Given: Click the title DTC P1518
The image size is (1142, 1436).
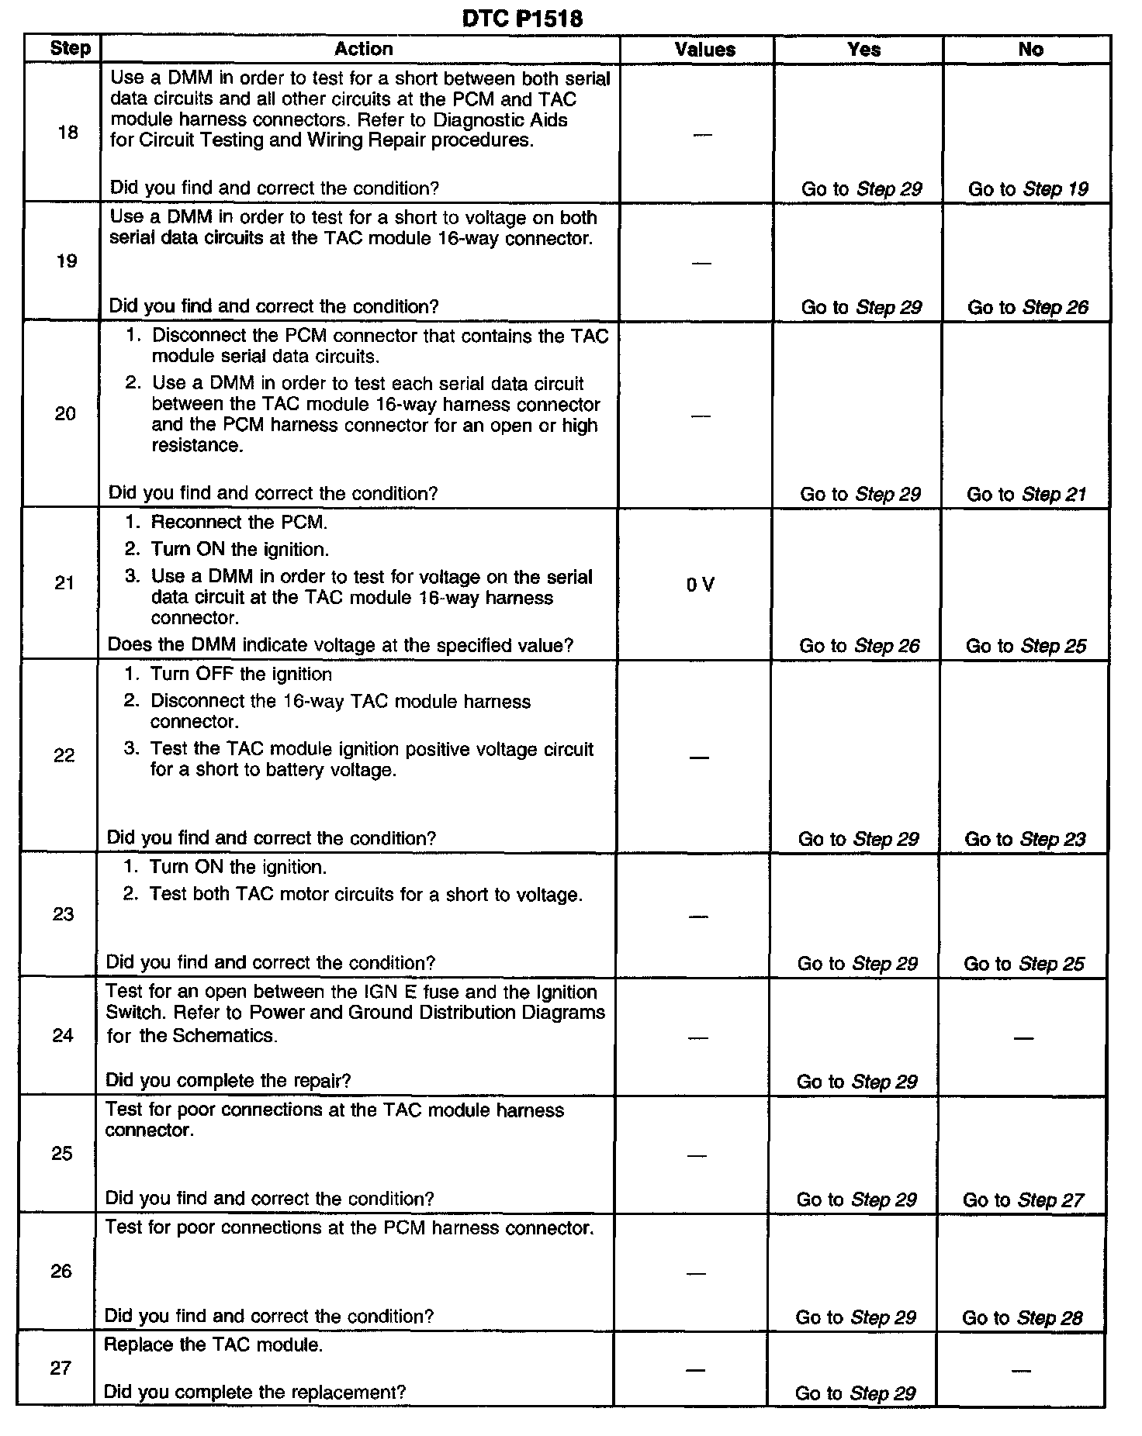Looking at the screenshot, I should pyautogui.click(x=521, y=18).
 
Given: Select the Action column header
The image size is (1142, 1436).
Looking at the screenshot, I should pyautogui.click(x=363, y=49).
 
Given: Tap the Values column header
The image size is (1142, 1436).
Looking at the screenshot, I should pyautogui.click(x=704, y=50).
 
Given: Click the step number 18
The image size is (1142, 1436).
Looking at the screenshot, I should pyautogui.click(x=68, y=133).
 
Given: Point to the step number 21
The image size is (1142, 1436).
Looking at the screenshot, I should pyautogui.click(x=65, y=583).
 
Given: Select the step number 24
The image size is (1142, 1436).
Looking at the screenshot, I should pyautogui.click(x=63, y=1035).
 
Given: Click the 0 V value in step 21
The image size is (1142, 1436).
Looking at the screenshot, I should pyautogui.click(x=700, y=585).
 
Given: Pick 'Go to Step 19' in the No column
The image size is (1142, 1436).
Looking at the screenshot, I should pyautogui.click(x=1028, y=189).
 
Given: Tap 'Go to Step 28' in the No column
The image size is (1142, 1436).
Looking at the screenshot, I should pyautogui.click(x=1022, y=1317).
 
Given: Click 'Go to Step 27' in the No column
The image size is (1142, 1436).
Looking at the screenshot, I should pyautogui.click(x=1023, y=1200).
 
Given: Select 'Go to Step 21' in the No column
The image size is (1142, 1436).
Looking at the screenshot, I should pyautogui.click(x=1026, y=494).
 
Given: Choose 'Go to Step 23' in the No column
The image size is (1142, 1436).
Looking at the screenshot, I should pyautogui.click(x=1024, y=838).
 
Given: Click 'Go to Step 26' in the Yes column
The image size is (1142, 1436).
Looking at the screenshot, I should pyautogui.click(x=859, y=645).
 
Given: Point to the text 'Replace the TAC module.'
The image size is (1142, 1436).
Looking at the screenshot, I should pyautogui.click(x=213, y=1345).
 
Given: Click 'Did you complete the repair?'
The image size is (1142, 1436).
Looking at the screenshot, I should pyautogui.click(x=228, y=1080).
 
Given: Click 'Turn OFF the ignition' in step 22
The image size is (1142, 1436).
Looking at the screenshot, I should pyautogui.click(x=241, y=674).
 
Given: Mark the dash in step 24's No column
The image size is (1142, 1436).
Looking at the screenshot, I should pyautogui.click(x=1023, y=1037).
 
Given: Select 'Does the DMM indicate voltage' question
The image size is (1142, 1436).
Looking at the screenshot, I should pyautogui.click(x=340, y=645).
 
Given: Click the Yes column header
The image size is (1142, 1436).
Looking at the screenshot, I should pyautogui.click(x=863, y=50).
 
